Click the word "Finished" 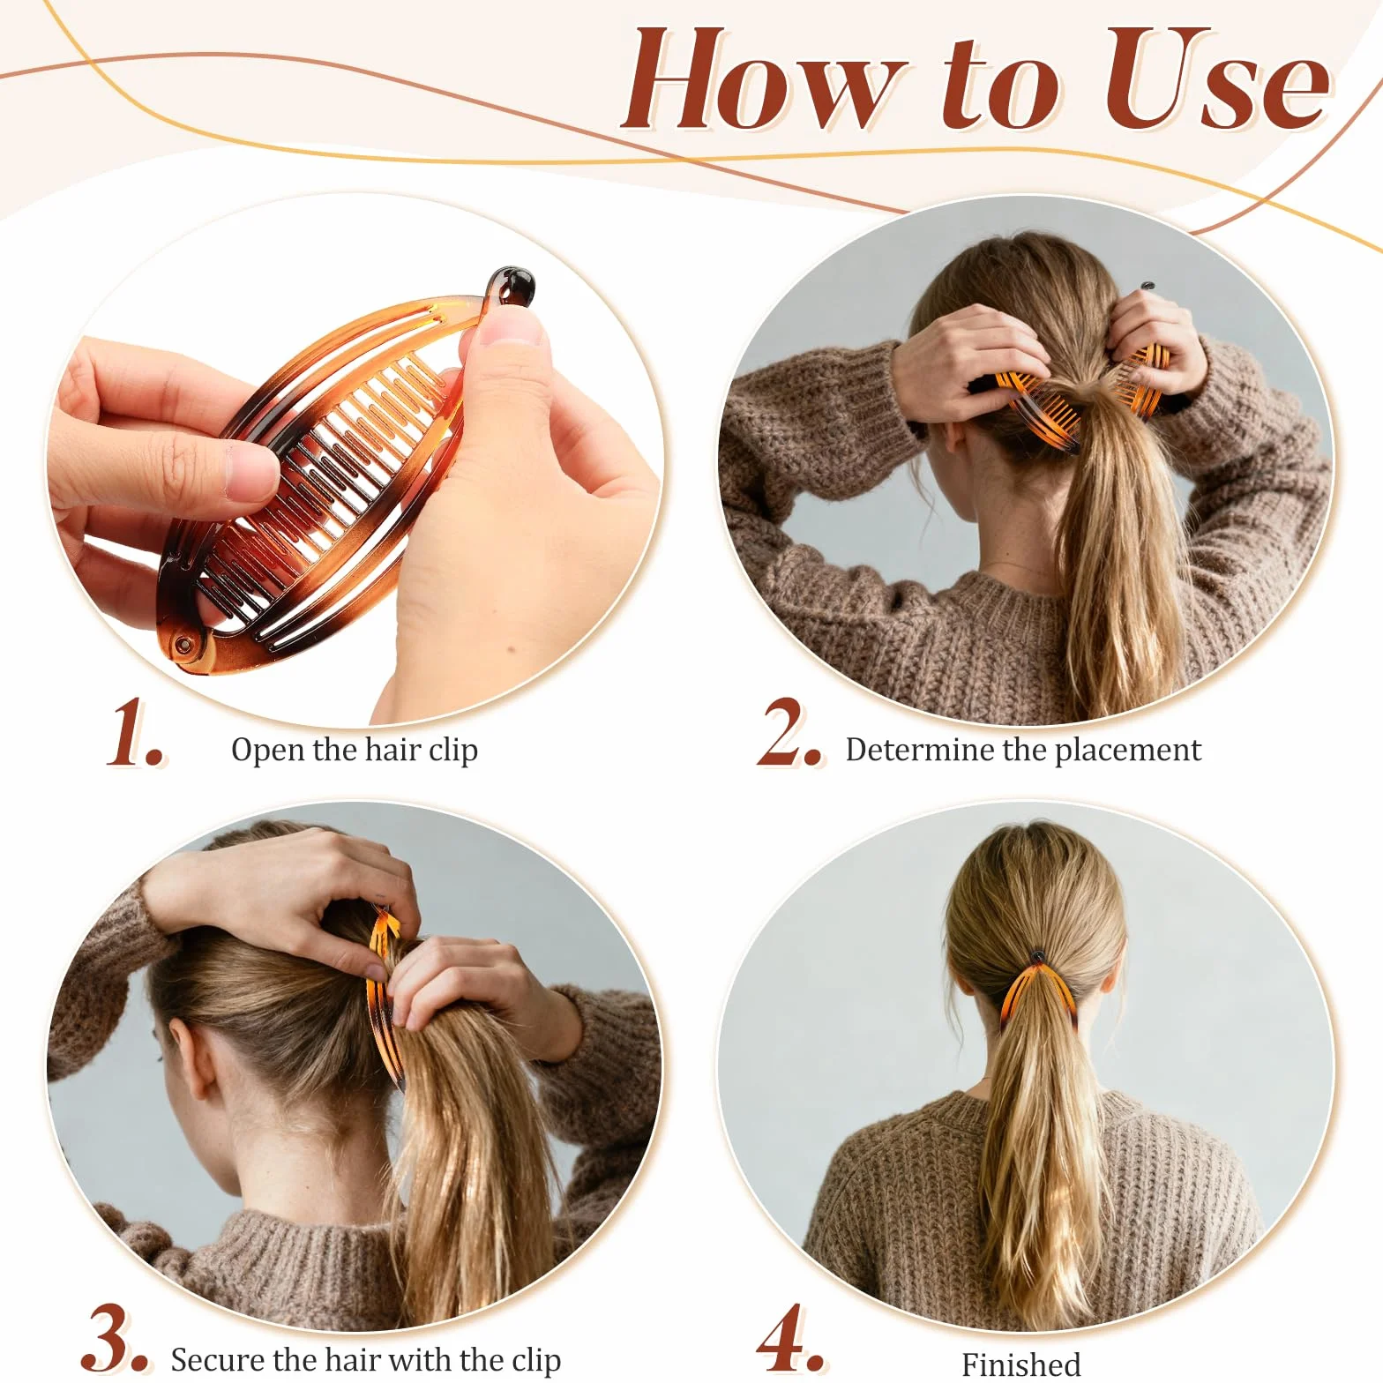click(1020, 1364)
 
